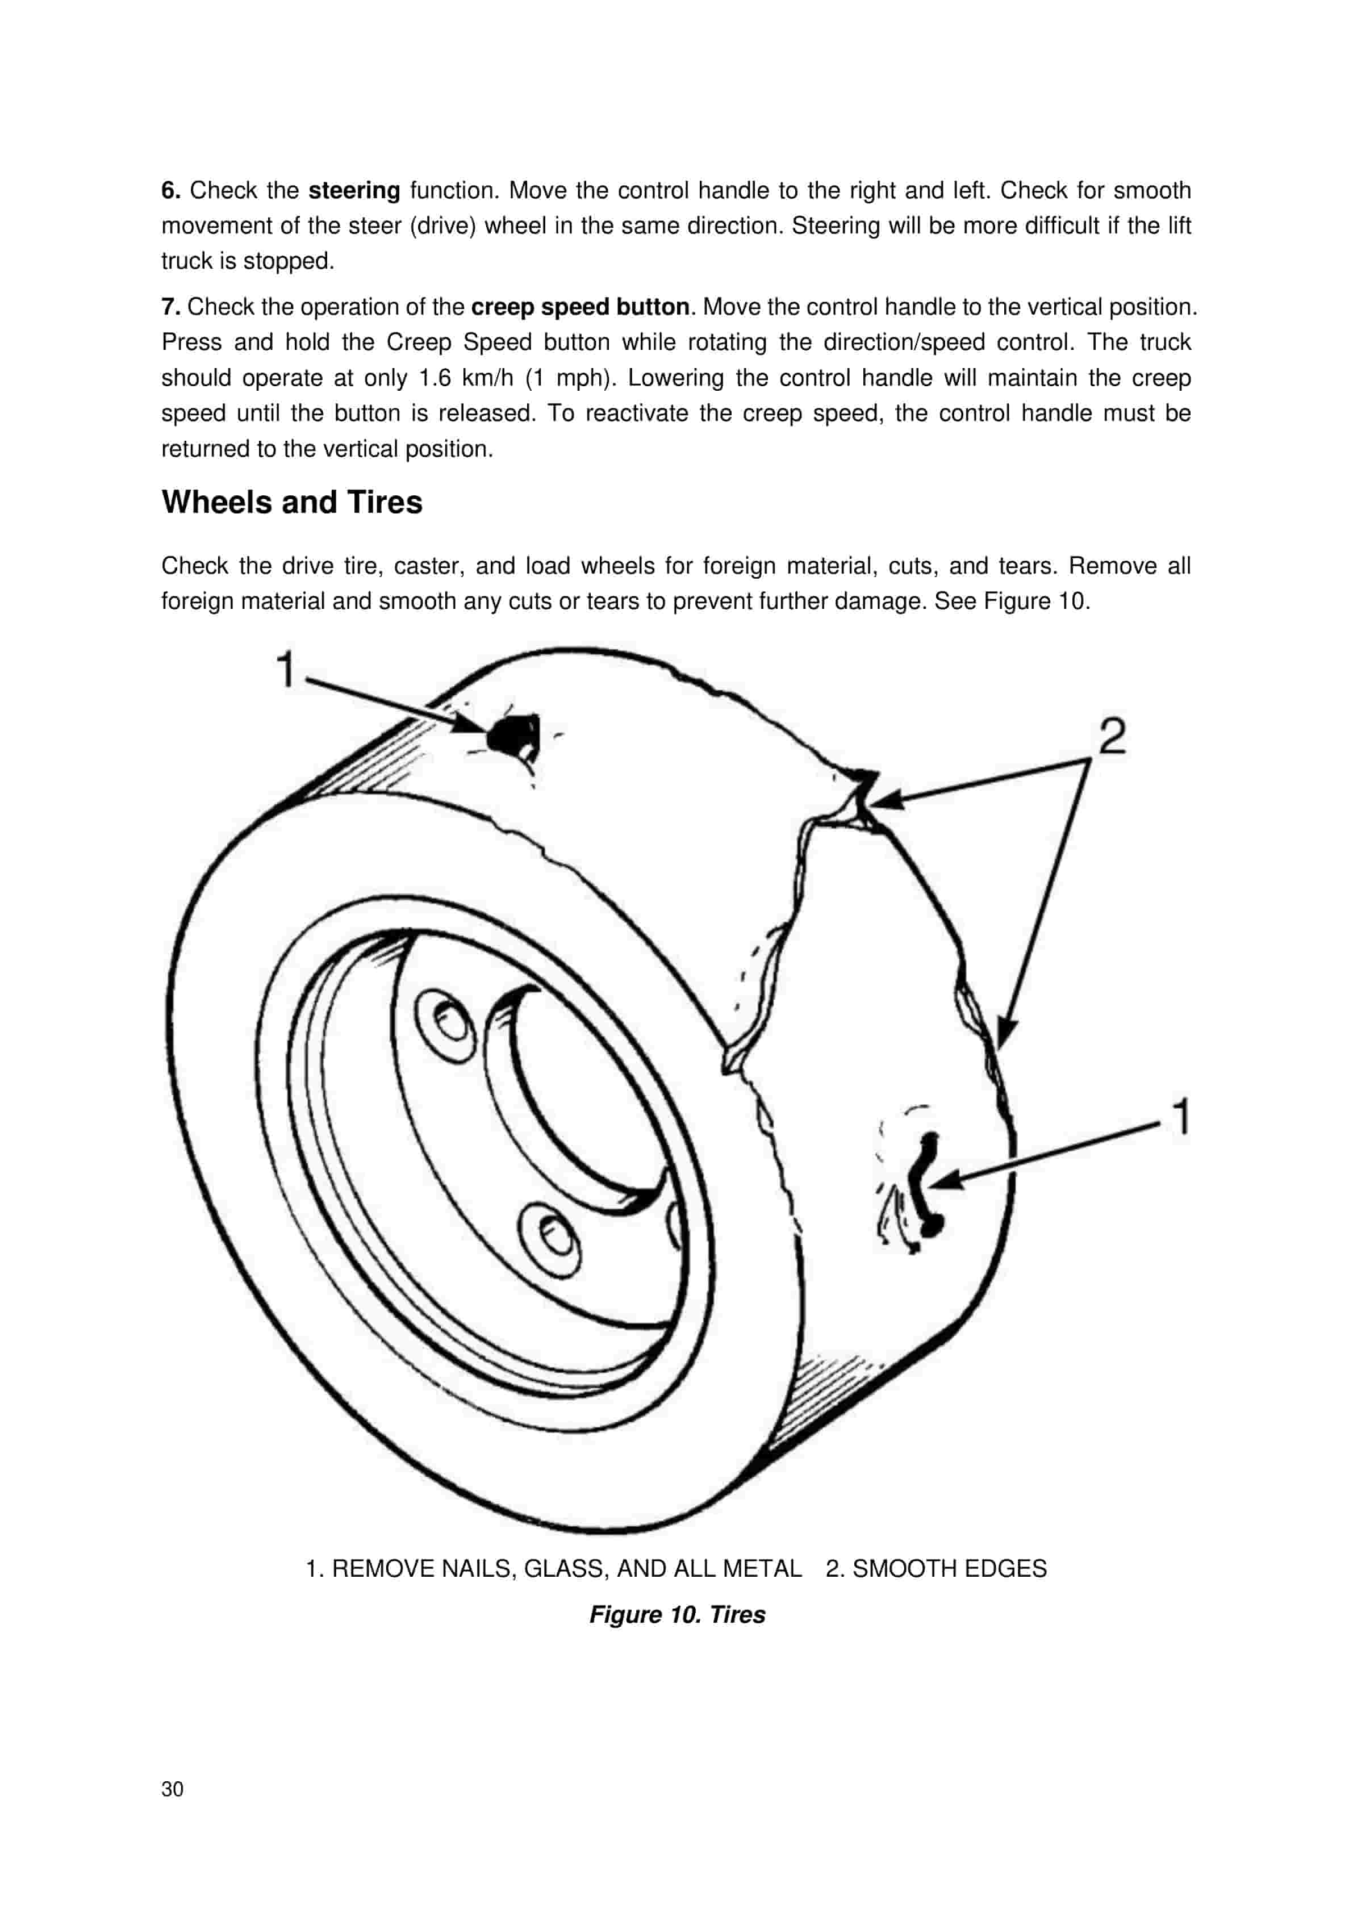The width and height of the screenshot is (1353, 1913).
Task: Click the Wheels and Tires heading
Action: [291, 503]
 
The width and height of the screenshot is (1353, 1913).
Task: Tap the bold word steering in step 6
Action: [354, 191]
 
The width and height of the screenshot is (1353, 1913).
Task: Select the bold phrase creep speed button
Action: [580, 307]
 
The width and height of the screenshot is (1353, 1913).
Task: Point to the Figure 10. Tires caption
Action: [676, 1615]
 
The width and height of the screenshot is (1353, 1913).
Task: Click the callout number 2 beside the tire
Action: [1112, 737]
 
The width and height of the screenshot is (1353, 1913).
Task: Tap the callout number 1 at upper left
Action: [286, 669]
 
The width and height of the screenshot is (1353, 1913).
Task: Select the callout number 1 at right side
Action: [1180, 1117]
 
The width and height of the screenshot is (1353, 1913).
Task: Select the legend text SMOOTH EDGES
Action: [949, 1569]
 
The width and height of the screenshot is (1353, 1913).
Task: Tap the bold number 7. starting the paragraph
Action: [171, 307]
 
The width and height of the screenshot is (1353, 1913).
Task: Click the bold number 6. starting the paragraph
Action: [171, 191]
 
